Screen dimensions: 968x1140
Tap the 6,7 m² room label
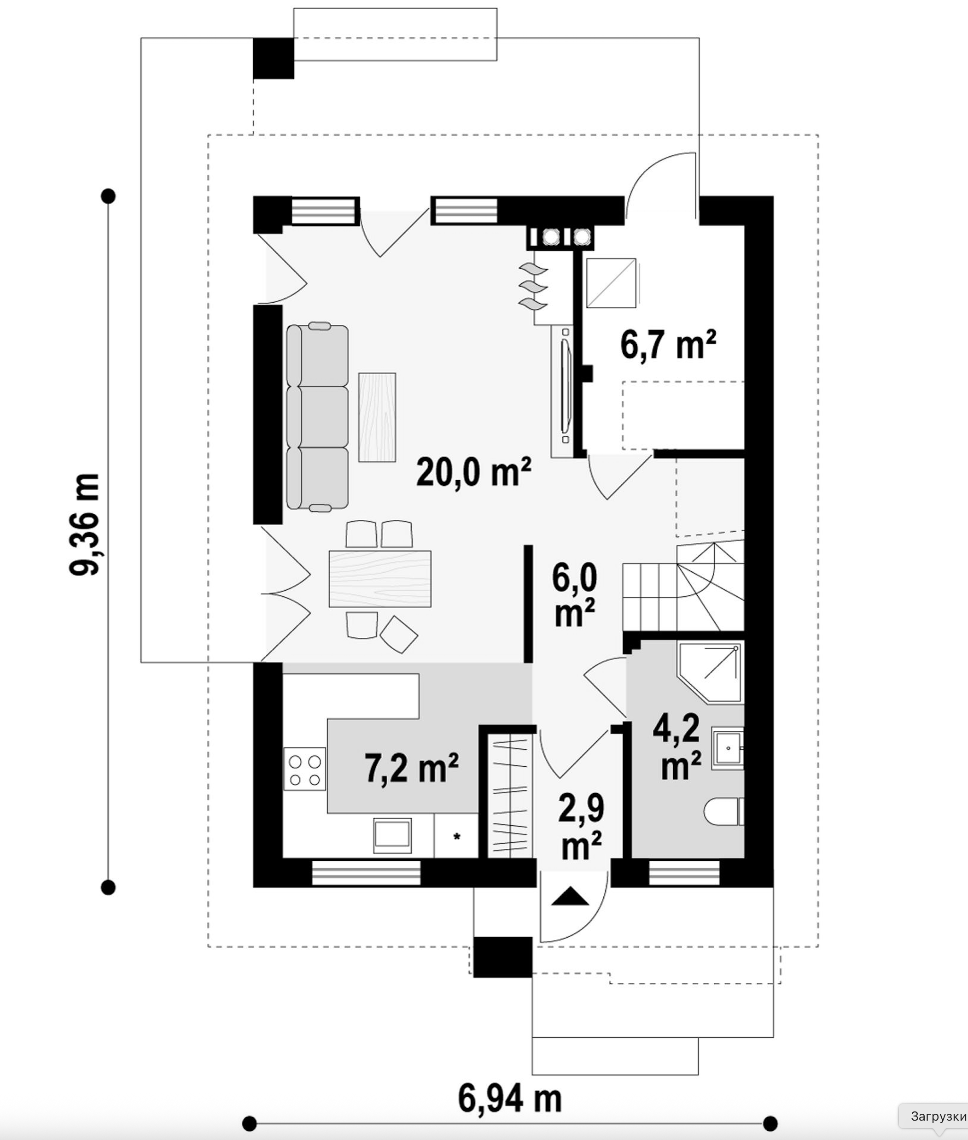click(x=668, y=344)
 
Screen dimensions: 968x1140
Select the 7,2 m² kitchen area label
click(x=411, y=768)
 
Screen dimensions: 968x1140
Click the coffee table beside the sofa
click(x=377, y=417)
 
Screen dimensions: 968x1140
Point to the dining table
click(x=380, y=579)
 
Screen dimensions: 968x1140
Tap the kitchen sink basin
click(x=392, y=835)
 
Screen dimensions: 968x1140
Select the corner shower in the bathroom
click(x=711, y=672)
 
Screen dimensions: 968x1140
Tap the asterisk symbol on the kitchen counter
click(x=456, y=837)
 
